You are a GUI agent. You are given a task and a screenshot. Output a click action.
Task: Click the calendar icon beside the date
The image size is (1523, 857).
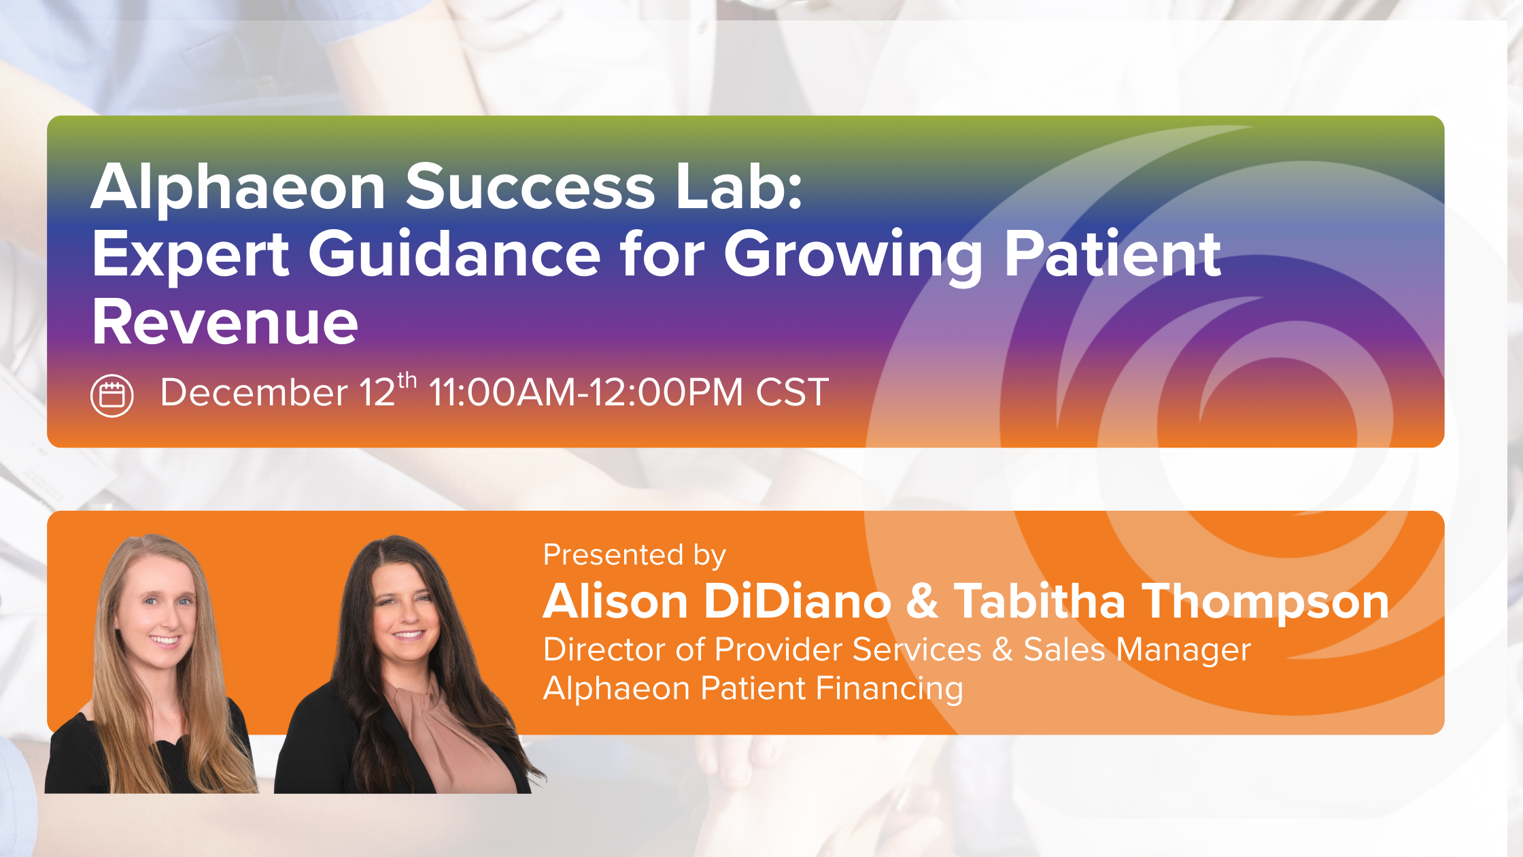[x=112, y=395]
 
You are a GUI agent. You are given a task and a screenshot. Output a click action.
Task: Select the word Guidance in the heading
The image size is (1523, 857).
[x=454, y=254]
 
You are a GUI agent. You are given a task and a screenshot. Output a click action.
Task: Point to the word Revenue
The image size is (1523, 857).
[x=225, y=322]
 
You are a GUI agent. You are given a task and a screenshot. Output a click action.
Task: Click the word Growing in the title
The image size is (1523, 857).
[x=853, y=256]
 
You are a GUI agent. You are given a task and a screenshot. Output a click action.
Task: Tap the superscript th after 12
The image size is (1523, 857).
[x=407, y=380]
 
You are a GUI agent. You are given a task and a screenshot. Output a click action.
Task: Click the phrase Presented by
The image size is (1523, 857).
[x=634, y=555]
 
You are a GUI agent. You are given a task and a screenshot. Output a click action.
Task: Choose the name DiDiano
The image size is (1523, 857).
[x=798, y=602]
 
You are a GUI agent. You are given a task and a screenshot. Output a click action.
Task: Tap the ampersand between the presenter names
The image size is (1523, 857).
[x=922, y=602]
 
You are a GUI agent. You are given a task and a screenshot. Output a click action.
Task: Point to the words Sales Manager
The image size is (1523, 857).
[x=1137, y=650]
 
